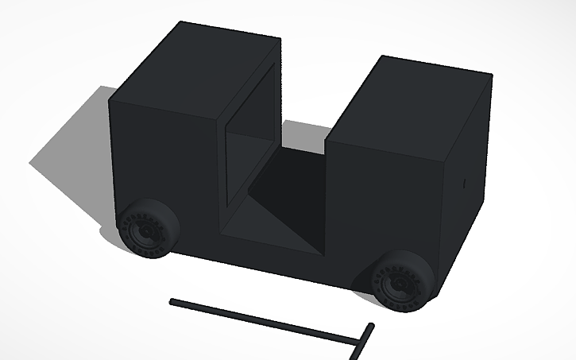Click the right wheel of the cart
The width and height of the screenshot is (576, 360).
(x=403, y=279)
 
